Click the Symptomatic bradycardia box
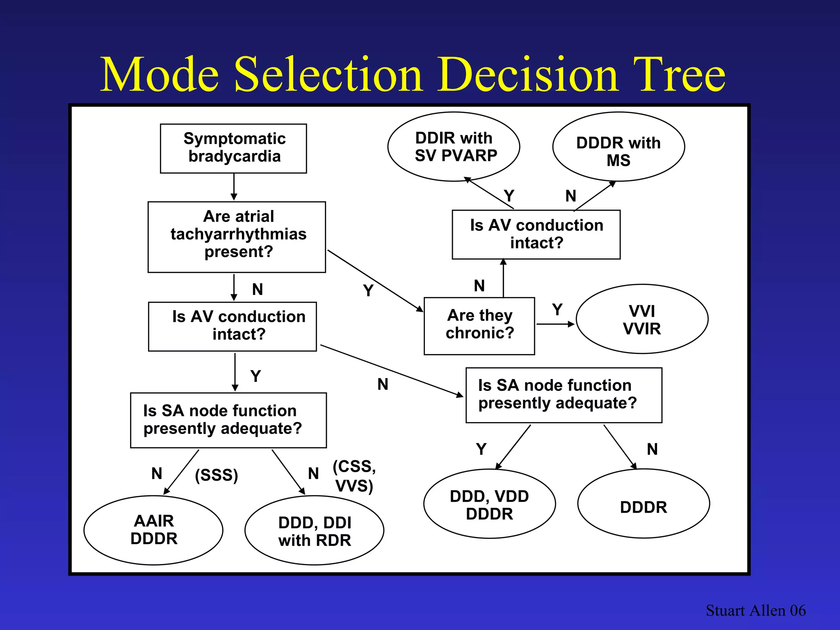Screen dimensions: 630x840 coord(233,148)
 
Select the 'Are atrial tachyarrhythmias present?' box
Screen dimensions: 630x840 coord(237,237)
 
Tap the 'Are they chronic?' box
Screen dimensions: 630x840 coord(479,326)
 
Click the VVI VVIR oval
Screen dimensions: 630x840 coord(642,319)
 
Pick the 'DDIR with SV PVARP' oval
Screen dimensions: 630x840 coord(454,146)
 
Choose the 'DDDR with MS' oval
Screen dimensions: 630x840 coord(619,147)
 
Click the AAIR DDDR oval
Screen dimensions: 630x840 coord(153,530)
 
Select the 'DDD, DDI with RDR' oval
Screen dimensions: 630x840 coord(315,531)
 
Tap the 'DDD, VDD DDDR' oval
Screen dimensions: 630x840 coord(489,504)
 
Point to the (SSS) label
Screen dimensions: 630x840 coord(217,475)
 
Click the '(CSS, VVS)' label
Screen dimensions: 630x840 coord(354,476)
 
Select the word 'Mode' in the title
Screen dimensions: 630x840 coord(160,75)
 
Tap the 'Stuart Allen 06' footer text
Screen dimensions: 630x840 coord(756,610)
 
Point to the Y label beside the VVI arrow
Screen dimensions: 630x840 coord(557,309)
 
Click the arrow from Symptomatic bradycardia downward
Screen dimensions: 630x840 coord(234,187)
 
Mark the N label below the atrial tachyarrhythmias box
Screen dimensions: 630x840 coord(258,289)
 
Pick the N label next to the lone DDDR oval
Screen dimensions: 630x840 coord(652,449)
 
